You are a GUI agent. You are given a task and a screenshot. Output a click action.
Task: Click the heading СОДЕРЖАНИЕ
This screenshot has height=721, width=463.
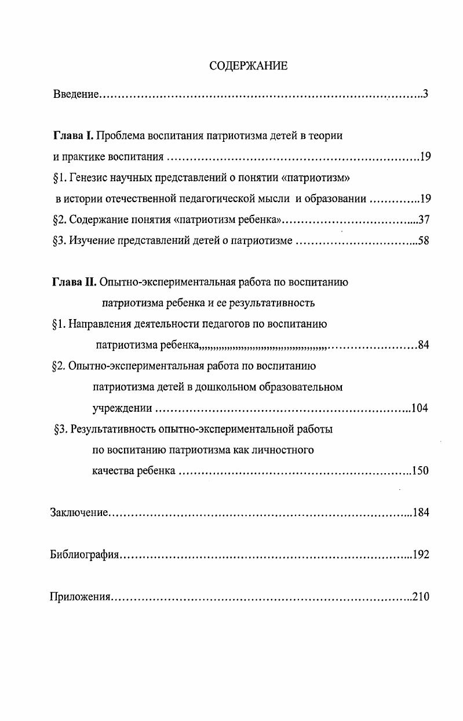click(x=248, y=65)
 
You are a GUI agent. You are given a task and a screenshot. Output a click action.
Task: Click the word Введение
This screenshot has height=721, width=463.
click(x=75, y=93)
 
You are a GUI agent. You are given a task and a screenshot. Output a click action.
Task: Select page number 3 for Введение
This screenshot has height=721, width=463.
click(x=425, y=93)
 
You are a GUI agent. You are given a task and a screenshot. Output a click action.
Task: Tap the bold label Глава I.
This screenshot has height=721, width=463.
click(x=72, y=136)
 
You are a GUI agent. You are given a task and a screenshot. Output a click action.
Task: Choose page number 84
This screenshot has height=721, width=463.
click(x=423, y=346)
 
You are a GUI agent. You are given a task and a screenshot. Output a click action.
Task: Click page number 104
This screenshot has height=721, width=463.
click(x=419, y=408)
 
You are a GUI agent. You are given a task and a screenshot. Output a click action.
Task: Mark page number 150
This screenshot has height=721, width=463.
click(x=420, y=471)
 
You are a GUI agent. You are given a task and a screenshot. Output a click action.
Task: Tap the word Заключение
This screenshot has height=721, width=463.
click(x=79, y=513)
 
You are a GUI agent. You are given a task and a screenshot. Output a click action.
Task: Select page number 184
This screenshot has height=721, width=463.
click(x=420, y=513)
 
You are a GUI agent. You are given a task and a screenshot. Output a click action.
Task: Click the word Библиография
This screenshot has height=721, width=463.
click(x=85, y=555)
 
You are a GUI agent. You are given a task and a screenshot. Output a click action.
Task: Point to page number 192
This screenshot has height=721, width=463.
click(x=420, y=555)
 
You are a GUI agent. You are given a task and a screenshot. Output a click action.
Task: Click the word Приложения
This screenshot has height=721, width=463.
click(x=80, y=596)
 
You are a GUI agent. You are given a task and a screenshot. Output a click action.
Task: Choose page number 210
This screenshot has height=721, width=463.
click(x=420, y=596)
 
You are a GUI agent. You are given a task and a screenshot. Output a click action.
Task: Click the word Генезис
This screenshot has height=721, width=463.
click(x=88, y=178)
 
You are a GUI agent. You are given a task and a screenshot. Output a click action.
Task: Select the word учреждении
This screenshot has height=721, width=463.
click(x=122, y=408)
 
